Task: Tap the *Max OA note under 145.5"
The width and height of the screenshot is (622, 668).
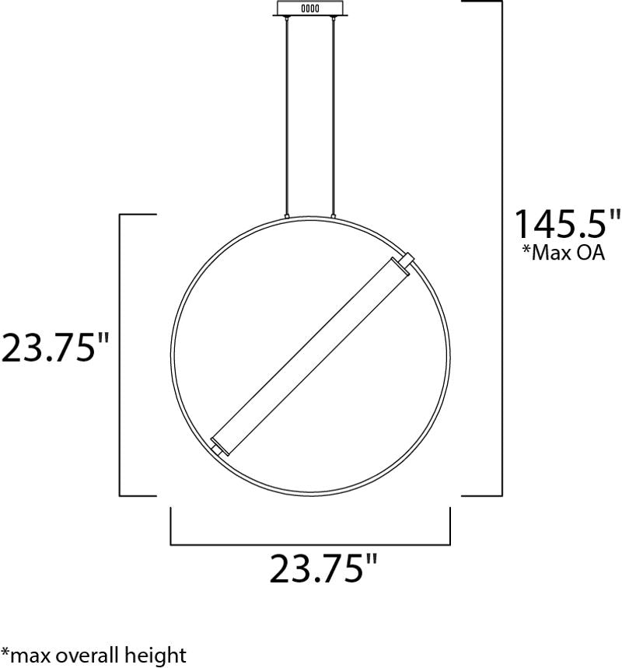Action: pos(564,252)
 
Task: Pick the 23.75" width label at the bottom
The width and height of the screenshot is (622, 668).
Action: pos(323,568)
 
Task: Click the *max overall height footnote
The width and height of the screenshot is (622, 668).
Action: pos(94,656)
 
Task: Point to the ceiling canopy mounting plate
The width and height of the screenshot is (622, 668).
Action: pos(310,8)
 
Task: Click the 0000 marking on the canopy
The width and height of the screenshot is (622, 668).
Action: pos(310,8)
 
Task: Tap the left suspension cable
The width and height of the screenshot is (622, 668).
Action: pos(287,115)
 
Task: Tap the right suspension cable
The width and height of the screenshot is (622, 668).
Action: pos(333,115)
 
